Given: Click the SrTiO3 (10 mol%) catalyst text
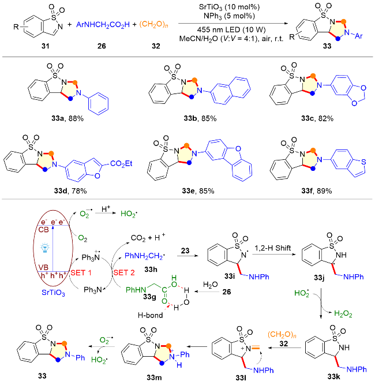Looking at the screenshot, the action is (229, 7).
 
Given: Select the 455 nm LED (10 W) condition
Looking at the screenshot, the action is (231, 30).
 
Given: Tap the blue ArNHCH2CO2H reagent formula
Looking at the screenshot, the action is (103, 25).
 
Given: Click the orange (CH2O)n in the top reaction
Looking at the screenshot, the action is (154, 25).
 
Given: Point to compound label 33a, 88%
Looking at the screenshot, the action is (67, 118).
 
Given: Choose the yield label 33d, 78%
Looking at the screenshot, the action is (70, 191).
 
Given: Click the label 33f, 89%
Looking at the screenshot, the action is (316, 191).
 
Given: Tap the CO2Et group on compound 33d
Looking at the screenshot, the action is (121, 163).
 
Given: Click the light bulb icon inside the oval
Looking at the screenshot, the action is (45, 248).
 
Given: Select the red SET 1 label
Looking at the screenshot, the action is (81, 273).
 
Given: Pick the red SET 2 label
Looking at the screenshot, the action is (124, 273).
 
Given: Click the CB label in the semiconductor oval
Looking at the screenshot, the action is (43, 230).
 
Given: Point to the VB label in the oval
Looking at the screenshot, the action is (43, 267).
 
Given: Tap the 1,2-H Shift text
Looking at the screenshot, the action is (273, 248).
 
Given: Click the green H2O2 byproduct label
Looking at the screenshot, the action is (343, 314).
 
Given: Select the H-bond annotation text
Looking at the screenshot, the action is (150, 315).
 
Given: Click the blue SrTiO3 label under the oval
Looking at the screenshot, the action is (53, 293).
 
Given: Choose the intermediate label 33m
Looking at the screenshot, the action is (154, 377).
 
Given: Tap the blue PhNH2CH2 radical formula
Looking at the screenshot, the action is (145, 256).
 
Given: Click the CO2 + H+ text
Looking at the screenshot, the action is (148, 237).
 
